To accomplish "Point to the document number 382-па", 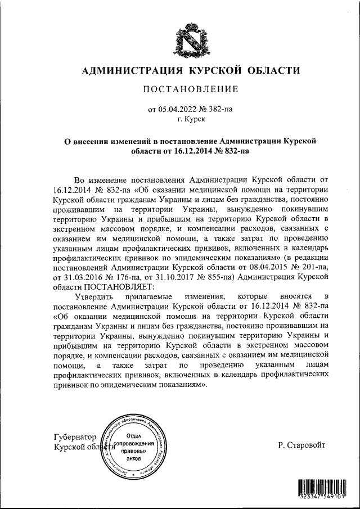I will tap(220, 111).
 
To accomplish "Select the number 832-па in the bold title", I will tap(234, 151).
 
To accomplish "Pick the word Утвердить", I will tap(93, 296).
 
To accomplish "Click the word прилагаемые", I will tap(155, 296).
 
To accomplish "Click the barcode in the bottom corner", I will tap(322, 485).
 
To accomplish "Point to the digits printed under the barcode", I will tap(322, 498).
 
